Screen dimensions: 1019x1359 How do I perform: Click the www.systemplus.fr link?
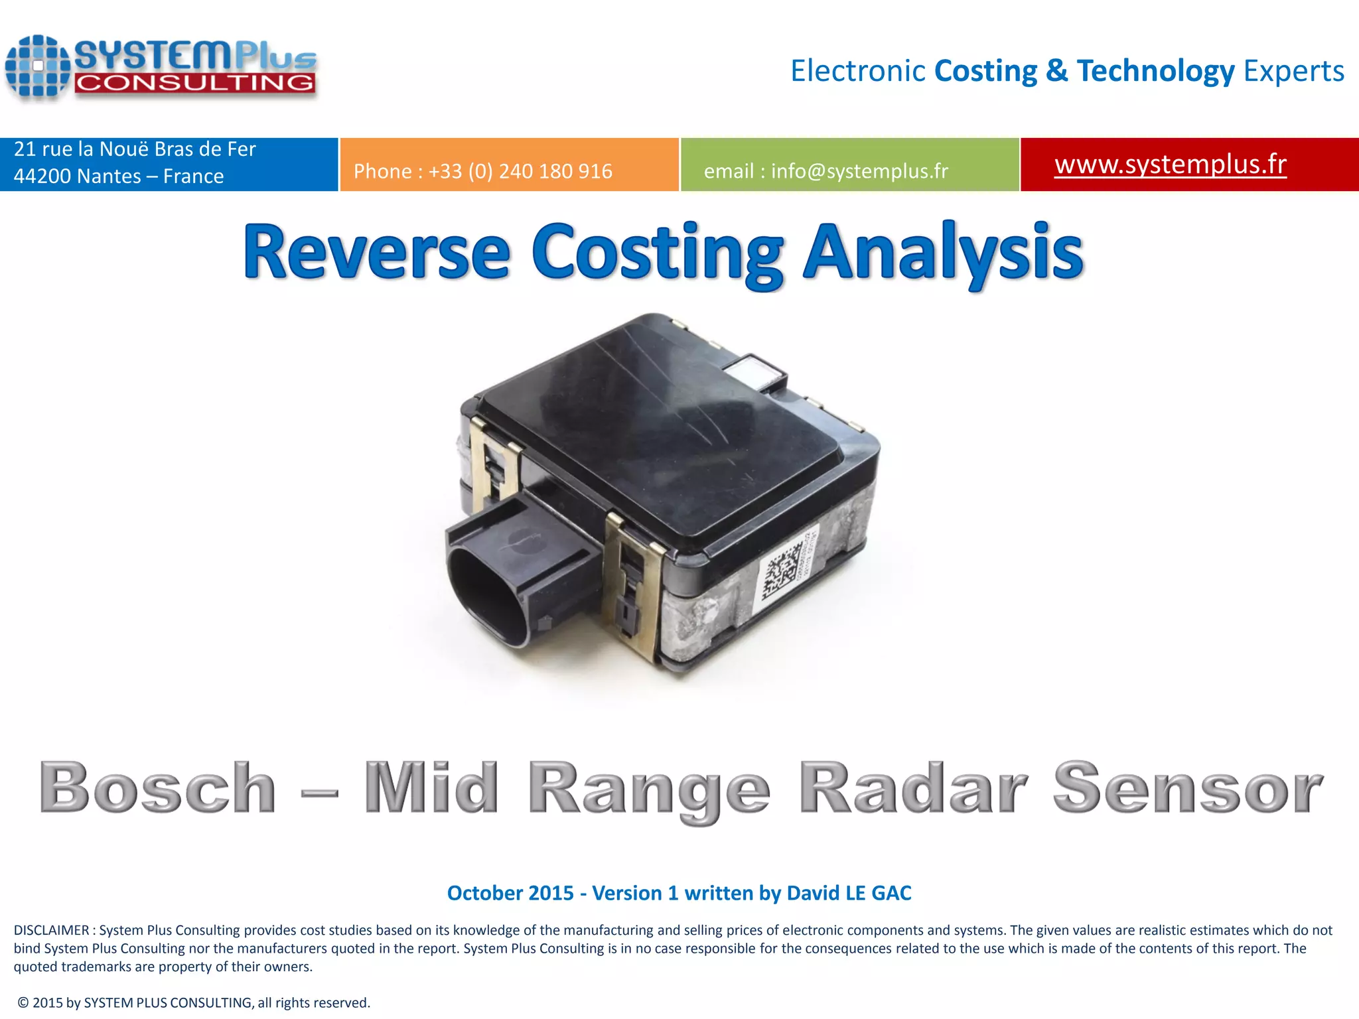click(1170, 164)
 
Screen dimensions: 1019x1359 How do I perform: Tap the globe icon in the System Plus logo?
click(38, 66)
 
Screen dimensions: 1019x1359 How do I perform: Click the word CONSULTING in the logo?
click(194, 83)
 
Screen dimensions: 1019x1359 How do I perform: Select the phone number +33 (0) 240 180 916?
click(520, 171)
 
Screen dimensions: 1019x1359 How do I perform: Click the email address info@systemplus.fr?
click(859, 171)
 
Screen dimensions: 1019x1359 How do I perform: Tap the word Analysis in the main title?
click(943, 253)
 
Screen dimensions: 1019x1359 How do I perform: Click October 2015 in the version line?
click(510, 893)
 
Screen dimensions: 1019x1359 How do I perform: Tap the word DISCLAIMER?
click(51, 930)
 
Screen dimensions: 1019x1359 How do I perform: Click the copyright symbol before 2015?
click(23, 1002)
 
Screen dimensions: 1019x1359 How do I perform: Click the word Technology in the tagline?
click(1155, 71)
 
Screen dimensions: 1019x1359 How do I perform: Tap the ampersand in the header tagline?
click(1056, 71)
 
